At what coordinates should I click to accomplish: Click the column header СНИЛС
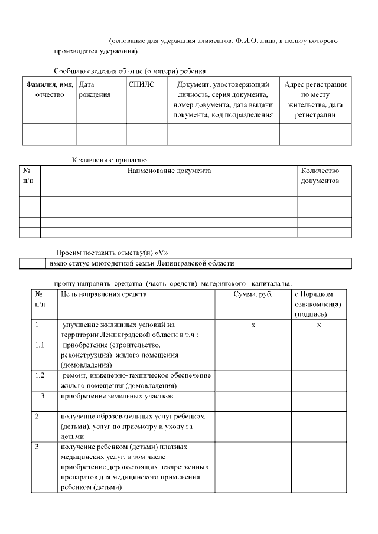coord(141,85)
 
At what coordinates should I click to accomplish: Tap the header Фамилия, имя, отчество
coord(50,90)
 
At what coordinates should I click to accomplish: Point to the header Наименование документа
coord(169,171)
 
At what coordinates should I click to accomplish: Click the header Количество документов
coord(320,175)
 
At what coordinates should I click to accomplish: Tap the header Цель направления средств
coord(103,294)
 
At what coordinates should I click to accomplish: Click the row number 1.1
coord(40,345)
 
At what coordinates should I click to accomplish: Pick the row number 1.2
coord(40,375)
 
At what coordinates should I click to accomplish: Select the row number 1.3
coord(40,395)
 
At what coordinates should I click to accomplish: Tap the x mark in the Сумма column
coord(253,325)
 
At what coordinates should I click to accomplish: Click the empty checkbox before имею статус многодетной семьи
coord(33,263)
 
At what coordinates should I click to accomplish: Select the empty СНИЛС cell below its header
coord(146,134)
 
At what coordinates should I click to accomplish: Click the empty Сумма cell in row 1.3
coord(253,401)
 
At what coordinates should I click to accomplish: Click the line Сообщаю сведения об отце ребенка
coord(129,71)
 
